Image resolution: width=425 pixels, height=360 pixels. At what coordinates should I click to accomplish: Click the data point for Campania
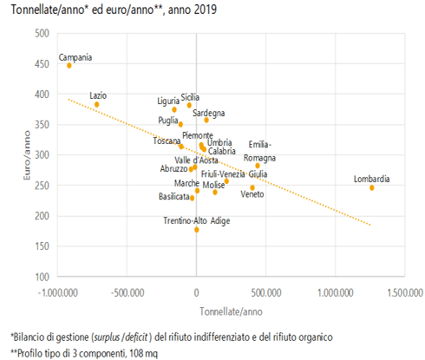click(x=69, y=66)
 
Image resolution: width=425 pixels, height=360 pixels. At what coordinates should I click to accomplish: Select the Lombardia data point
click(x=372, y=188)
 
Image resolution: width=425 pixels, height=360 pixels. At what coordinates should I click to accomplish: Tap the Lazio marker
click(x=97, y=104)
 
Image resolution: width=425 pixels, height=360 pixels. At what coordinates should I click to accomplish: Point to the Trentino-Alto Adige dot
click(x=197, y=230)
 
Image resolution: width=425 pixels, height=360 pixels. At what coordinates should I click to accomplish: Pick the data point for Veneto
click(x=252, y=187)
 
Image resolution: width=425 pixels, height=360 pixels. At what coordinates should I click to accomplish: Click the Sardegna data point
click(x=206, y=120)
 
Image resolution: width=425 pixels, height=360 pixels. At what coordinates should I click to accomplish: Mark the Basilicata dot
click(x=192, y=198)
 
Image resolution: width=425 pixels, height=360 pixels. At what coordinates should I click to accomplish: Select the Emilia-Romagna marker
click(x=258, y=166)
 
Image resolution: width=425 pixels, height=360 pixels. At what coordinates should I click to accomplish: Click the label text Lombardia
click(x=372, y=179)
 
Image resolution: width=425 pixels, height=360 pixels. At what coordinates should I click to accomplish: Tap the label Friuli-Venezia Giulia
click(x=234, y=174)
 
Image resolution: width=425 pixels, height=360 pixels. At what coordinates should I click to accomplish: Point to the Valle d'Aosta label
click(x=196, y=160)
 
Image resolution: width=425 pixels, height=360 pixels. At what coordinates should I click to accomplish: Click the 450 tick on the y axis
click(x=42, y=64)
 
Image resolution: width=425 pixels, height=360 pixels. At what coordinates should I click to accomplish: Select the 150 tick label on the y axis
click(x=42, y=246)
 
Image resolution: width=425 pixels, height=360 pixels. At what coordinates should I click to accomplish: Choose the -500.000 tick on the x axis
click(x=127, y=293)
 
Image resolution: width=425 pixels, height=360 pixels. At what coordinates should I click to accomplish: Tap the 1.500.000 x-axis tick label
click(x=405, y=293)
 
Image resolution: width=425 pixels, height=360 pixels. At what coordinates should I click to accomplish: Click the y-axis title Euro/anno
click(x=27, y=155)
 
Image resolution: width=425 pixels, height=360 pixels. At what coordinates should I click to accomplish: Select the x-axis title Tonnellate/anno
click(x=231, y=311)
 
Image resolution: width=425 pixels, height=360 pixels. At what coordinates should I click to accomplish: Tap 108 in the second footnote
click(x=135, y=353)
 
